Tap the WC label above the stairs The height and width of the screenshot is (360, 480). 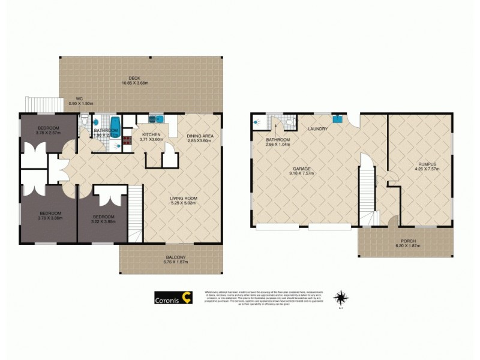[x=79, y=99]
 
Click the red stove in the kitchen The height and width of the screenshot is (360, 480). [x=127, y=142]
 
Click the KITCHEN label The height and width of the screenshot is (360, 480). [x=151, y=134]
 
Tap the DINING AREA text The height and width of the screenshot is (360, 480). [x=200, y=136]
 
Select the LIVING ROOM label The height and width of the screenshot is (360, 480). [x=184, y=199]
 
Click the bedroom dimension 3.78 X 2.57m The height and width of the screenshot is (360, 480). [x=49, y=133]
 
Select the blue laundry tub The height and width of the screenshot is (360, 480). [x=337, y=118]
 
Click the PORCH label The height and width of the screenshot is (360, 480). [x=409, y=241]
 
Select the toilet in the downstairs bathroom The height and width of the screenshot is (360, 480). [x=290, y=122]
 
